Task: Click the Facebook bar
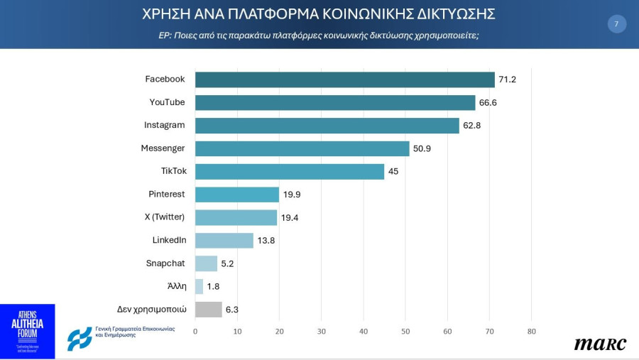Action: (344, 80)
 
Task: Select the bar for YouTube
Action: (335, 102)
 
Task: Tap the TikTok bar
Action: (290, 171)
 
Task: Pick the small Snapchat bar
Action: (206, 263)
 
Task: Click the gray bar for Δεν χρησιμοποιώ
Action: (208, 310)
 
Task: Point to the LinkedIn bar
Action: (224, 240)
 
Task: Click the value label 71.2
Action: (507, 80)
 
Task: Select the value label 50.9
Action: (422, 148)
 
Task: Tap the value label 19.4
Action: (290, 217)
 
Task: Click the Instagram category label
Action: (164, 125)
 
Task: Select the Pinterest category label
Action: (167, 194)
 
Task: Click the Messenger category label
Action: (163, 148)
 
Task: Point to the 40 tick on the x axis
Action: (364, 332)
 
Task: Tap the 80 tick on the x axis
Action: (531, 332)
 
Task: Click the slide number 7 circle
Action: (616, 24)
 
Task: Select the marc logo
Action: (600, 344)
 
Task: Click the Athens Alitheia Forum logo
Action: (27, 332)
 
